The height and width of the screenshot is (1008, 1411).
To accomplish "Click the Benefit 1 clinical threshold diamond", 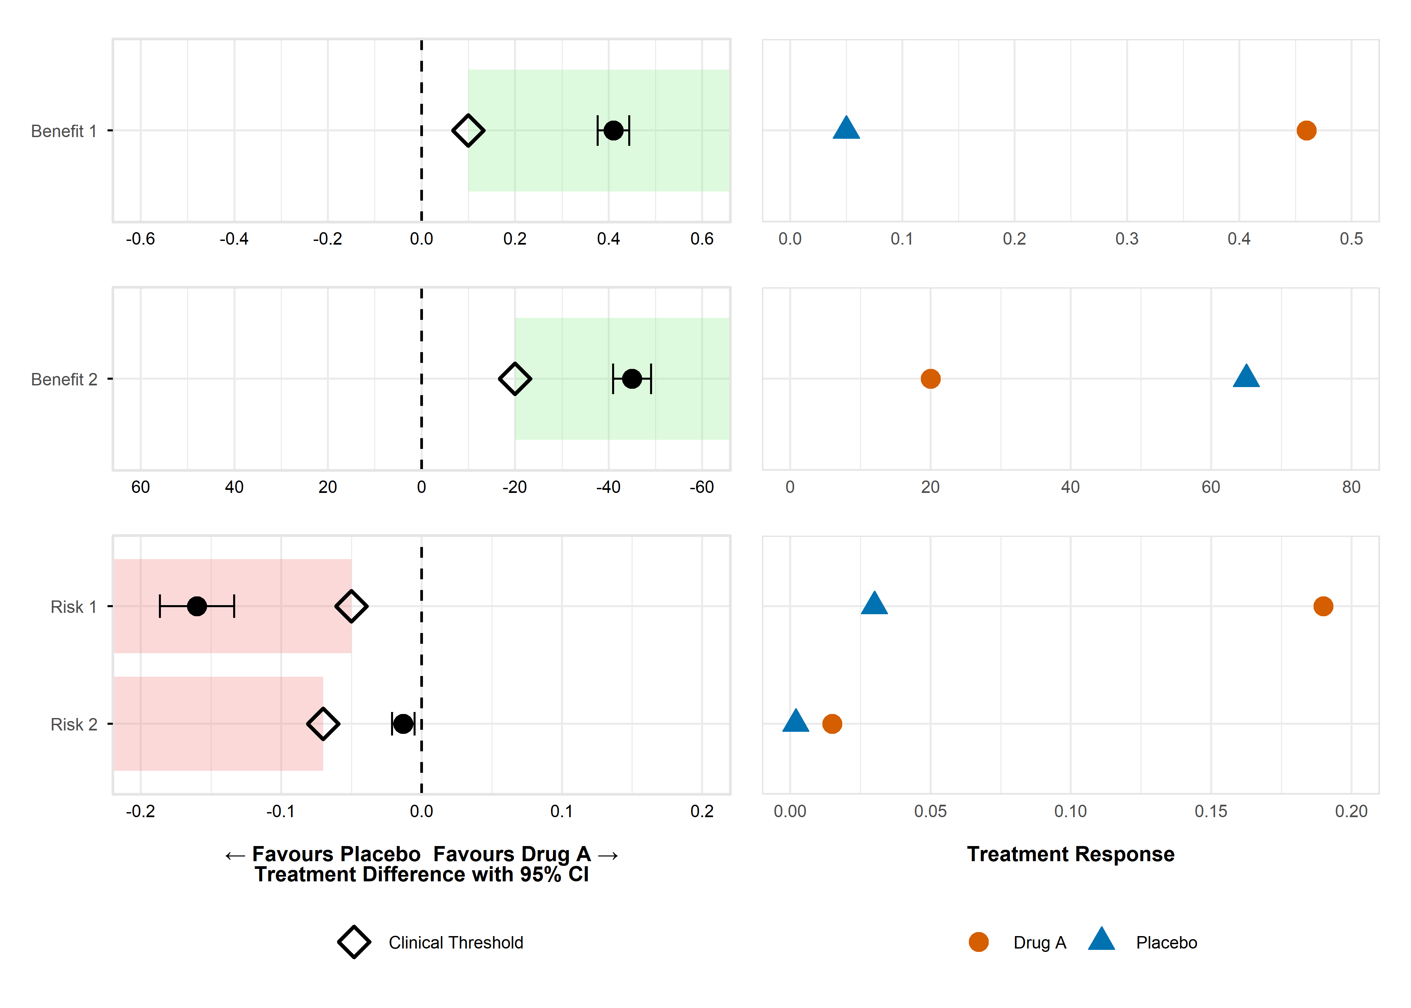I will click(468, 130).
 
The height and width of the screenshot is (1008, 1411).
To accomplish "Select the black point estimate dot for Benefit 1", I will click(613, 130).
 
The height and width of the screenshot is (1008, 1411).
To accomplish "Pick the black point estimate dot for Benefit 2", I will click(632, 379).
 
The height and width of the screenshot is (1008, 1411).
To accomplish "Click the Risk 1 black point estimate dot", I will click(197, 606).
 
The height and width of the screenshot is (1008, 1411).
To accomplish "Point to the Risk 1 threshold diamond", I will click(351, 606).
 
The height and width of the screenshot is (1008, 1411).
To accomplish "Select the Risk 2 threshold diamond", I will click(323, 724).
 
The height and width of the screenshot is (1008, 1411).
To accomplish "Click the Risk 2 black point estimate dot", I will click(403, 724).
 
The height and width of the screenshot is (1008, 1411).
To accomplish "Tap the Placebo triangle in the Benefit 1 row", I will click(846, 128).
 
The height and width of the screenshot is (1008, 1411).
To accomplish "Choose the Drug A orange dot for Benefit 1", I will click(1306, 130).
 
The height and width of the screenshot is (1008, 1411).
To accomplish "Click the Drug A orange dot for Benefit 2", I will click(930, 379).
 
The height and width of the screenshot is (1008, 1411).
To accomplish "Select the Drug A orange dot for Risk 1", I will click(1323, 606).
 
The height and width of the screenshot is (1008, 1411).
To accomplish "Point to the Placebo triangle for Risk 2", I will click(796, 722).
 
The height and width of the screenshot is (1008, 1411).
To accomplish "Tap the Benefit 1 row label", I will click(64, 131).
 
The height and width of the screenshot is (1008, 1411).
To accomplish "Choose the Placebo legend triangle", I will click(1101, 940).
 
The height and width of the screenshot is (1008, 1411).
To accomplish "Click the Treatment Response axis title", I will click(1070, 854).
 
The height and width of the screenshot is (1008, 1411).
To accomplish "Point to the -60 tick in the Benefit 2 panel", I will click(702, 487).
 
